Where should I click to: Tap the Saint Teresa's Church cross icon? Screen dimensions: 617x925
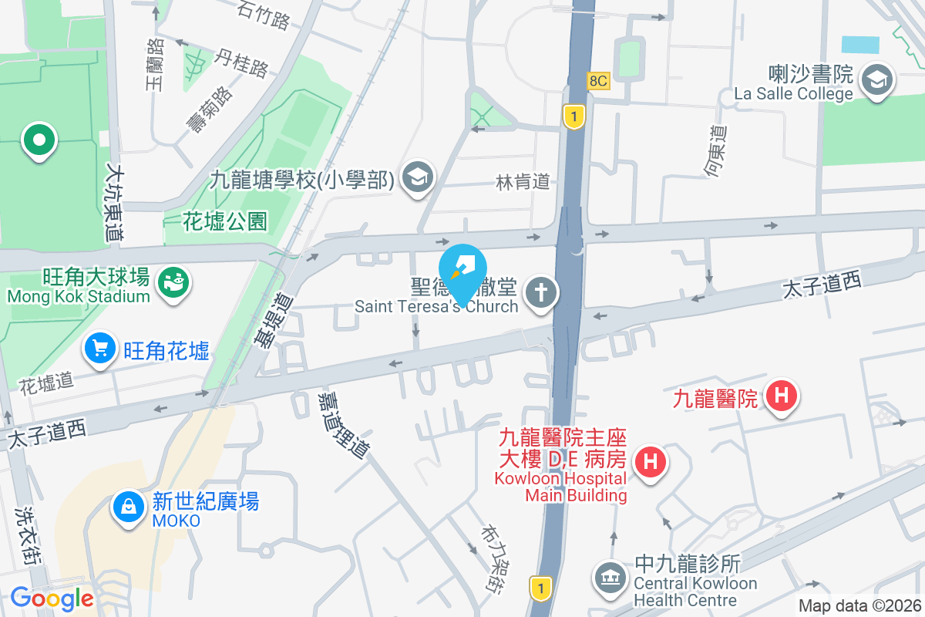pos(541,293)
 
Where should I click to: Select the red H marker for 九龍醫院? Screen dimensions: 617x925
pos(782,396)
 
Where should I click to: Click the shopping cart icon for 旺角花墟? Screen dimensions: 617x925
pos(99,349)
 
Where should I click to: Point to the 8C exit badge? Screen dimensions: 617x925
pos(597,80)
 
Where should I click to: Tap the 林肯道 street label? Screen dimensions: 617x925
pos(523,182)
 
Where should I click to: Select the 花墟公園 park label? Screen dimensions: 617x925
pos(225,222)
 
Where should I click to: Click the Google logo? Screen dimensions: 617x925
pos(52,598)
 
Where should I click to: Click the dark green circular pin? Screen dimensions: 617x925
pos(39,141)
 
